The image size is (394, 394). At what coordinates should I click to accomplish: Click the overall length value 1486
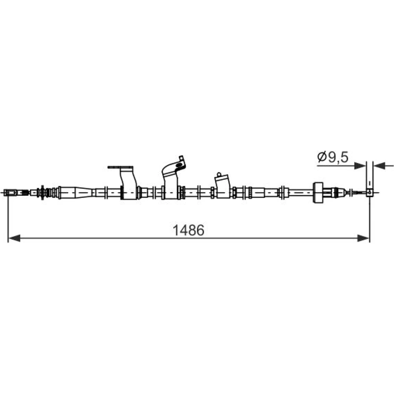coord(189,230)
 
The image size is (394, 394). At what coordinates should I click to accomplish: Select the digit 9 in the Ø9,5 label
coord(332,157)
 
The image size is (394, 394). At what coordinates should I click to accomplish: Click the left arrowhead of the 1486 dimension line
coord(14,238)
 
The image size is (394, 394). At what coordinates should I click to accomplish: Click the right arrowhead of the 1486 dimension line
coord(364,238)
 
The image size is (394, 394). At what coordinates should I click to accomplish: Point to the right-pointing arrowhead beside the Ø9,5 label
coord(360,165)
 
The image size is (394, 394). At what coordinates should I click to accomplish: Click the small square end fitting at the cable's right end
coord(370,193)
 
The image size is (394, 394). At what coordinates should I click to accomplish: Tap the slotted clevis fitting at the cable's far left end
coord(11,193)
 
